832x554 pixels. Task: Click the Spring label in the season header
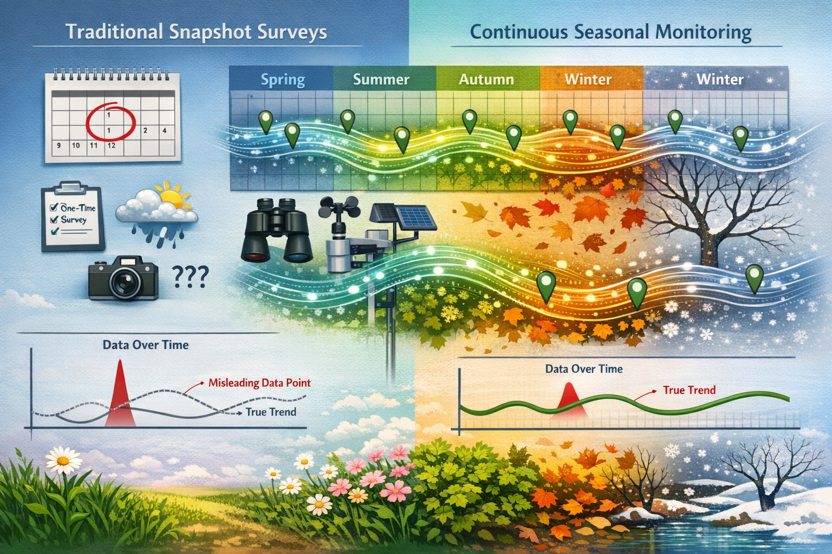[283, 80]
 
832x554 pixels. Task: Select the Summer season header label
[381, 80]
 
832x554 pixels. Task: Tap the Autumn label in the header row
[486, 80]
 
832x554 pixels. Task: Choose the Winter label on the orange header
[588, 80]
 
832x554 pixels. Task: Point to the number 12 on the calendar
[110, 146]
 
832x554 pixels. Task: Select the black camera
[123, 278]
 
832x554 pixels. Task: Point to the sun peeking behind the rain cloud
[172, 198]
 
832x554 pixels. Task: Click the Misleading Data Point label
[259, 383]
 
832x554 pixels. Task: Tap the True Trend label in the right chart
[689, 390]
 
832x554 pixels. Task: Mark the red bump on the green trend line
[569, 398]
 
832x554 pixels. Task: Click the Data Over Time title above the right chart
[583, 369]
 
